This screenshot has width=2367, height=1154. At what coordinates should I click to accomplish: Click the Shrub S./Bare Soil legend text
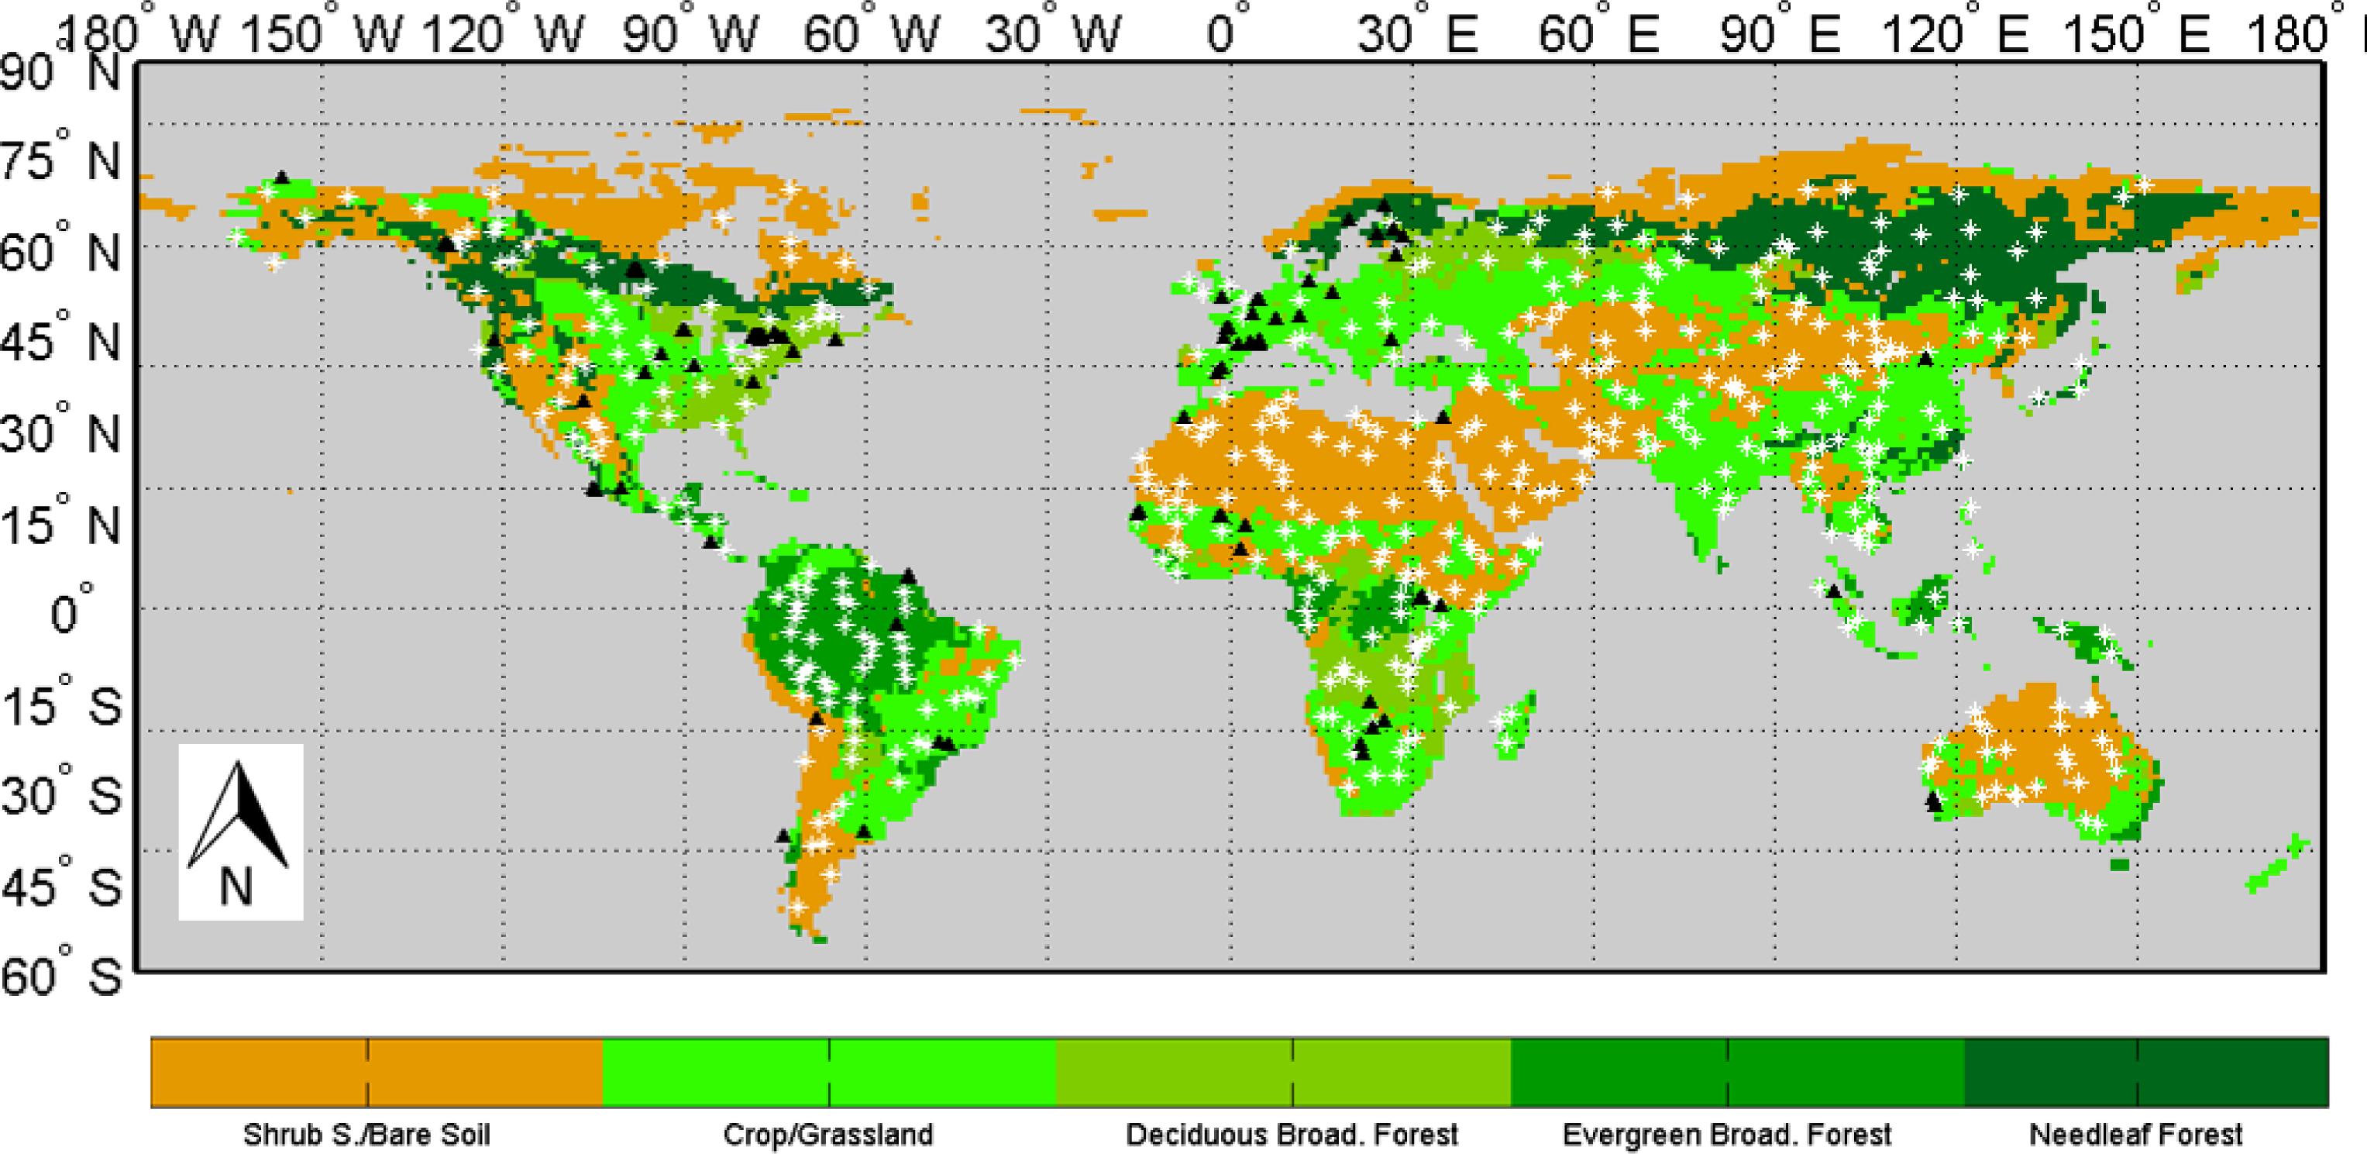pos(366,1135)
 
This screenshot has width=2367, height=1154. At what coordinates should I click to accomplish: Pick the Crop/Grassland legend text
pos(828,1135)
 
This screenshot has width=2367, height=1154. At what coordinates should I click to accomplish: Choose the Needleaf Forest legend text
pos(2135,1135)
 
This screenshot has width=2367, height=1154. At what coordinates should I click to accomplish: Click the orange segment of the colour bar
pos(376,1072)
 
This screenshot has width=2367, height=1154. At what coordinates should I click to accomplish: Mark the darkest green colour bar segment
pos(2145,1072)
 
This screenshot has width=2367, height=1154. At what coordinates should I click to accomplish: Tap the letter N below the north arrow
pos(236,887)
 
